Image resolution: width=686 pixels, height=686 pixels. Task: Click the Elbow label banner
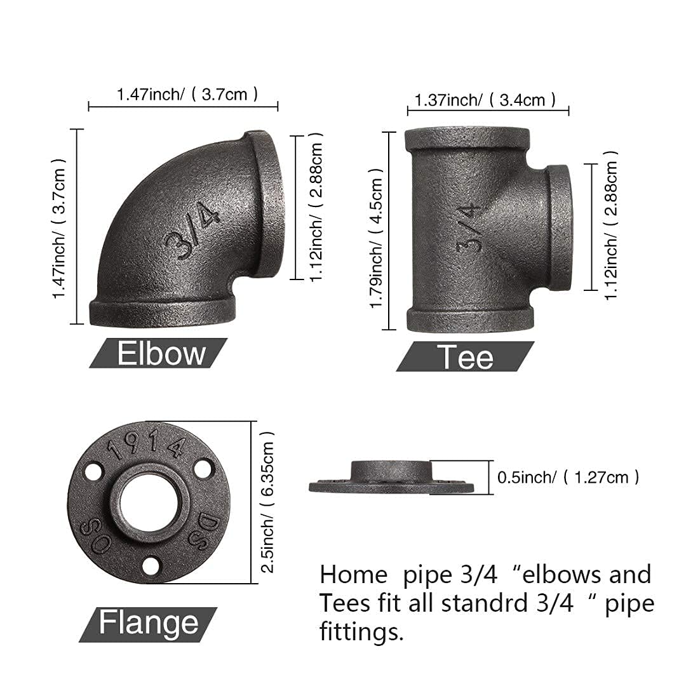point(159,353)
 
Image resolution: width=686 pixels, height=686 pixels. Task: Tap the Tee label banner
point(465,356)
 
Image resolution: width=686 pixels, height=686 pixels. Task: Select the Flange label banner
point(148,622)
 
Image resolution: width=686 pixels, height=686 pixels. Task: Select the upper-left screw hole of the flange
point(93,471)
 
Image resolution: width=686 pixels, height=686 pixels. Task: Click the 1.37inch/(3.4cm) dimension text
point(485,100)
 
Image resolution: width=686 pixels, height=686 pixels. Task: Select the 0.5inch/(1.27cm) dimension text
point(568,477)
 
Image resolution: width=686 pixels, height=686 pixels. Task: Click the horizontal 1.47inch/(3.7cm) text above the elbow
point(187,95)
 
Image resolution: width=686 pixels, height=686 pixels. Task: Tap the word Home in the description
point(353,575)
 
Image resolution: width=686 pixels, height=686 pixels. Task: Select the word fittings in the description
point(361,632)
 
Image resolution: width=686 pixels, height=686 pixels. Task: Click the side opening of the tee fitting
point(560,227)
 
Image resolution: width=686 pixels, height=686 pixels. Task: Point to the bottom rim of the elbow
point(162,312)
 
